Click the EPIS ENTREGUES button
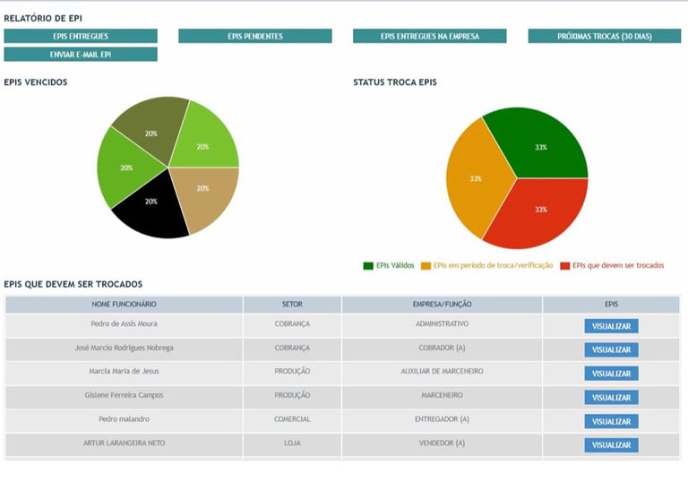(x=81, y=37)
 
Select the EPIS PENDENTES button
(x=255, y=37)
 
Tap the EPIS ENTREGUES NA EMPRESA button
(x=429, y=37)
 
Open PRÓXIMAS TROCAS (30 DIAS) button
(x=604, y=37)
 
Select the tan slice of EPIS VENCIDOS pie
(x=204, y=193)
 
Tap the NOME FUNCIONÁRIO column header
(x=124, y=305)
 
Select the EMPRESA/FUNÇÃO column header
(x=442, y=305)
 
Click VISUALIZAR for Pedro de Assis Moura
(x=611, y=326)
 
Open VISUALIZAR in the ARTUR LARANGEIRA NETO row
(x=611, y=445)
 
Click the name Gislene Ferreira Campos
(x=124, y=395)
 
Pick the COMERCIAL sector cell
(x=292, y=419)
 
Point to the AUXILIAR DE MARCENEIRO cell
(x=442, y=371)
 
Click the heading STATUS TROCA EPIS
(x=395, y=82)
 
